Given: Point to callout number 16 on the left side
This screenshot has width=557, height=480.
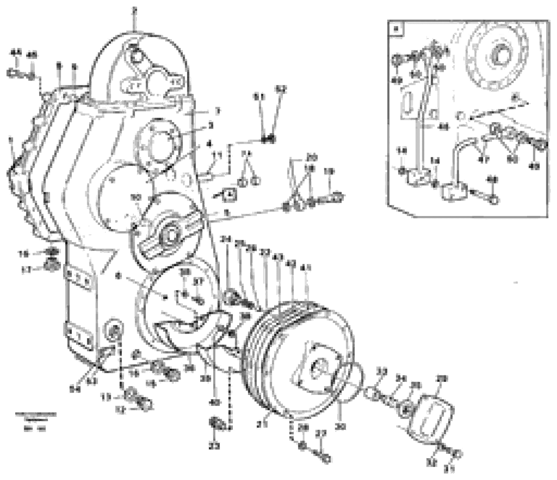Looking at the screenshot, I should click(x=24, y=254).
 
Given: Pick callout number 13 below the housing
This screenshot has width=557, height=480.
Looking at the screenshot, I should click(x=107, y=397).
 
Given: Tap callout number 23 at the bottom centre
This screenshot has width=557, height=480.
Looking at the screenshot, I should click(x=215, y=446).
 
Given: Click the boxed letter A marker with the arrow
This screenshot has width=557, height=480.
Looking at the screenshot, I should click(x=229, y=194).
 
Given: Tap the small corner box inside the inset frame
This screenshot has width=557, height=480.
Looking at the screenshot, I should click(x=396, y=29).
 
